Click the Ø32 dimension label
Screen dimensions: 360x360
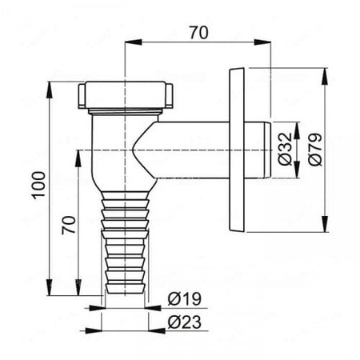click(x=285, y=149)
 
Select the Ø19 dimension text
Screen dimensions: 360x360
click(x=184, y=299)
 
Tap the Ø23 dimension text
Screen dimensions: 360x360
click(x=184, y=322)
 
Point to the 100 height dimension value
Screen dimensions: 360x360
click(x=39, y=185)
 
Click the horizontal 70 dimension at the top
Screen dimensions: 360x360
click(x=199, y=33)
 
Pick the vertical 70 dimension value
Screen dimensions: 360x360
click(x=69, y=225)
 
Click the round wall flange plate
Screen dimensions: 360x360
click(x=237, y=150)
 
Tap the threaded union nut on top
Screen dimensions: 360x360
click(x=126, y=94)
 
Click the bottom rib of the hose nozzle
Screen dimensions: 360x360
click(x=125, y=288)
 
